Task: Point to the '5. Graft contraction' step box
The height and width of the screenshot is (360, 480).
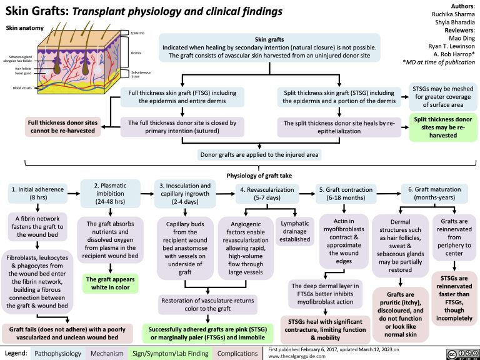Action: click(342, 194)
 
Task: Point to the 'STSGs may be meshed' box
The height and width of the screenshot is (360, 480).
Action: click(443, 97)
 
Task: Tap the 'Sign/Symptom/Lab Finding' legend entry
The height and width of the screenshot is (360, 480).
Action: click(170, 354)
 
